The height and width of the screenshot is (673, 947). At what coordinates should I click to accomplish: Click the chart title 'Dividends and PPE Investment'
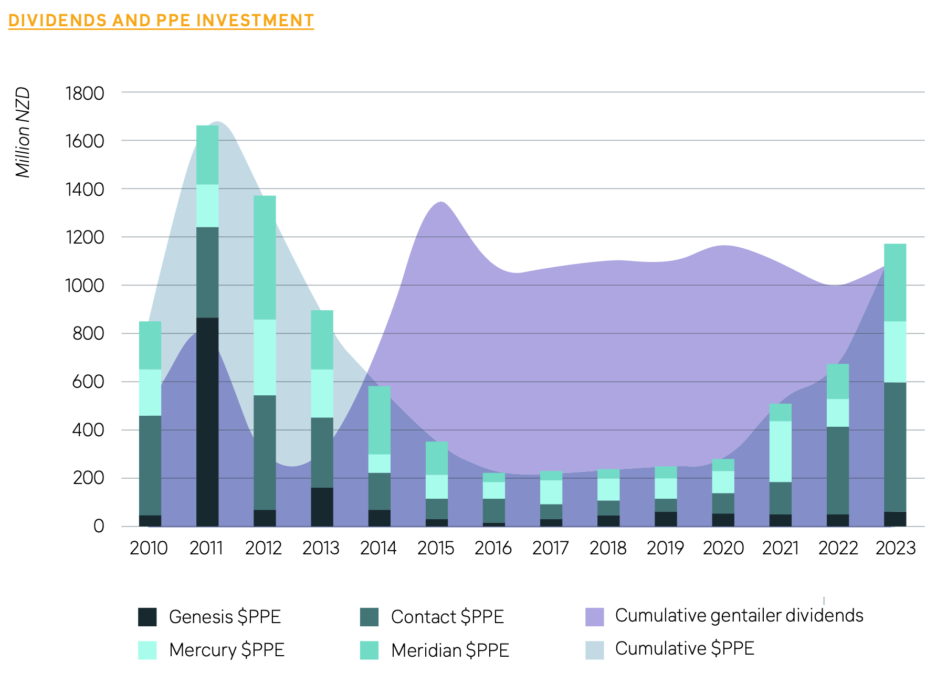pos(161,20)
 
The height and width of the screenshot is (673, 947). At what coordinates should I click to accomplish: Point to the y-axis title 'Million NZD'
pos(23,132)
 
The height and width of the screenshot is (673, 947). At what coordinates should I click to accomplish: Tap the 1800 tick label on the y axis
pos(85,93)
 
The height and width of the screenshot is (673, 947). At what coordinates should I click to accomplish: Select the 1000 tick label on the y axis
pos(85,286)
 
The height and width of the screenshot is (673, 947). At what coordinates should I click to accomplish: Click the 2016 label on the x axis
pos(493,548)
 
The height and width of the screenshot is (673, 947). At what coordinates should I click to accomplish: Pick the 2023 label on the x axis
pos(895,548)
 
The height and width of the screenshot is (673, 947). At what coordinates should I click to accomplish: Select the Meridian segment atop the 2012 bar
pos(265,257)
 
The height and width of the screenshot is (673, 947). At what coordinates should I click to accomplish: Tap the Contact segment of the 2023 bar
pos(895,446)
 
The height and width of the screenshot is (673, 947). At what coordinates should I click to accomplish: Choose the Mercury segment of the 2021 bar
pos(780,451)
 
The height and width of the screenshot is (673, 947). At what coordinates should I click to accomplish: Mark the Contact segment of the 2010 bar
pos(150,465)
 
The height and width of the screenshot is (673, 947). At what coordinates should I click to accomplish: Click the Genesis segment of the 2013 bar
pos(322,507)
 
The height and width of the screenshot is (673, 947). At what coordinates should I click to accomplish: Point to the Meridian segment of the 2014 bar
pos(379,420)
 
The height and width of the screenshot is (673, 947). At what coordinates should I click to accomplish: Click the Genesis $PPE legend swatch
pos(148,617)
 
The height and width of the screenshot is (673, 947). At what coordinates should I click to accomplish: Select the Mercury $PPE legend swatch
pos(148,650)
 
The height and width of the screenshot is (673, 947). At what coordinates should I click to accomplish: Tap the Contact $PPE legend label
pos(447,617)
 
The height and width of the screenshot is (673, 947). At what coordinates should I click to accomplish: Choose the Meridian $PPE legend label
pos(450,650)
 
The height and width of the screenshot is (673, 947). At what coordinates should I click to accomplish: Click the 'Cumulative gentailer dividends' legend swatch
pos(594,617)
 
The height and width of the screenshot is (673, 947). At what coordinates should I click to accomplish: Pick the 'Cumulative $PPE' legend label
pos(685,649)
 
